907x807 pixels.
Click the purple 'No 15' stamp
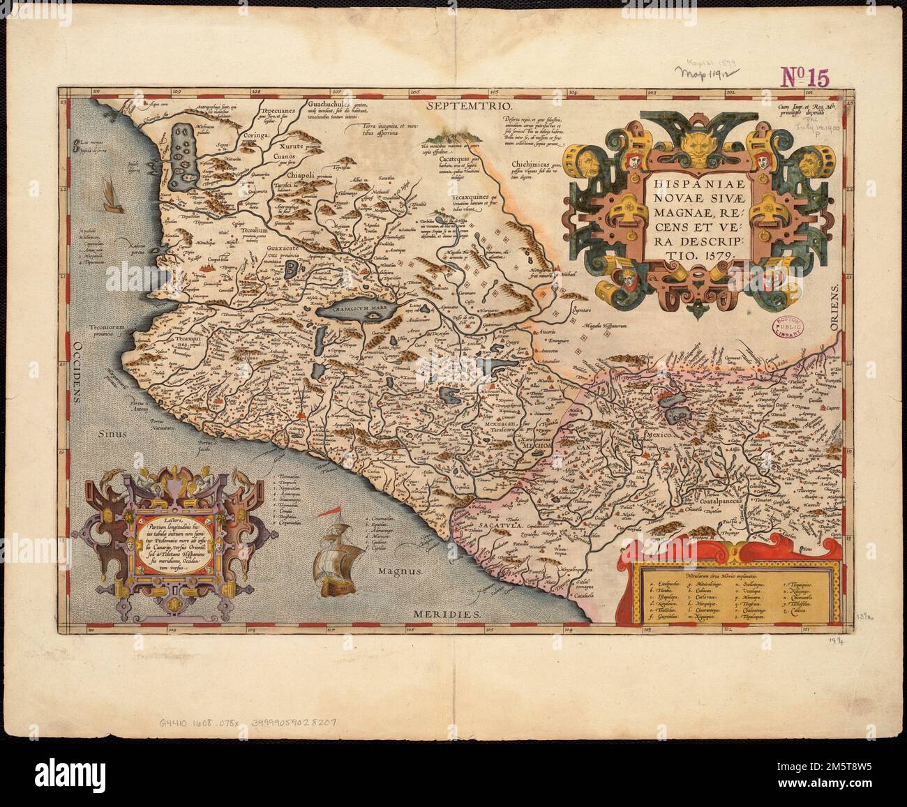point(804,77)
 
